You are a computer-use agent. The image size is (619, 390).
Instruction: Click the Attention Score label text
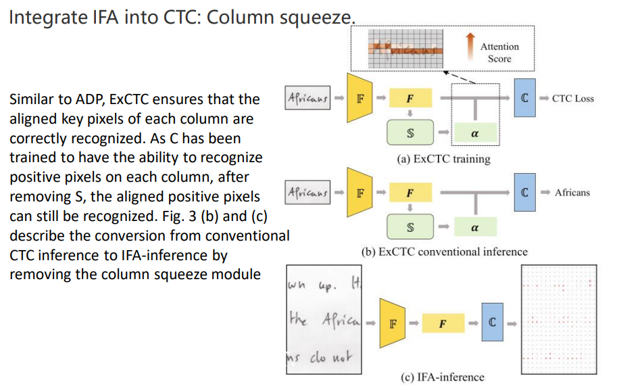[499, 53]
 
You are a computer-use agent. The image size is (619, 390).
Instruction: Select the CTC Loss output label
[572, 99]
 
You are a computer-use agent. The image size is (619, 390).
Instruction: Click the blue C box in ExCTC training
[525, 99]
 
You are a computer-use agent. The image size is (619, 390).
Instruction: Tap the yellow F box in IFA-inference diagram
[442, 323]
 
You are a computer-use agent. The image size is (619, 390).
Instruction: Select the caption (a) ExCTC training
[444, 160]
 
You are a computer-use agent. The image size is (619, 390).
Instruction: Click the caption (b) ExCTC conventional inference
[444, 252]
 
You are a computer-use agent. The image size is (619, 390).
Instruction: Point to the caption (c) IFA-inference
[443, 376]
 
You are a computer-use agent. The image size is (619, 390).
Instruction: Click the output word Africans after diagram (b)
[572, 193]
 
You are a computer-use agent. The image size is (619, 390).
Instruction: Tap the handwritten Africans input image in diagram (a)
[307, 99]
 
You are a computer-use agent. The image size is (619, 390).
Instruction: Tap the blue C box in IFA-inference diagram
[493, 323]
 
